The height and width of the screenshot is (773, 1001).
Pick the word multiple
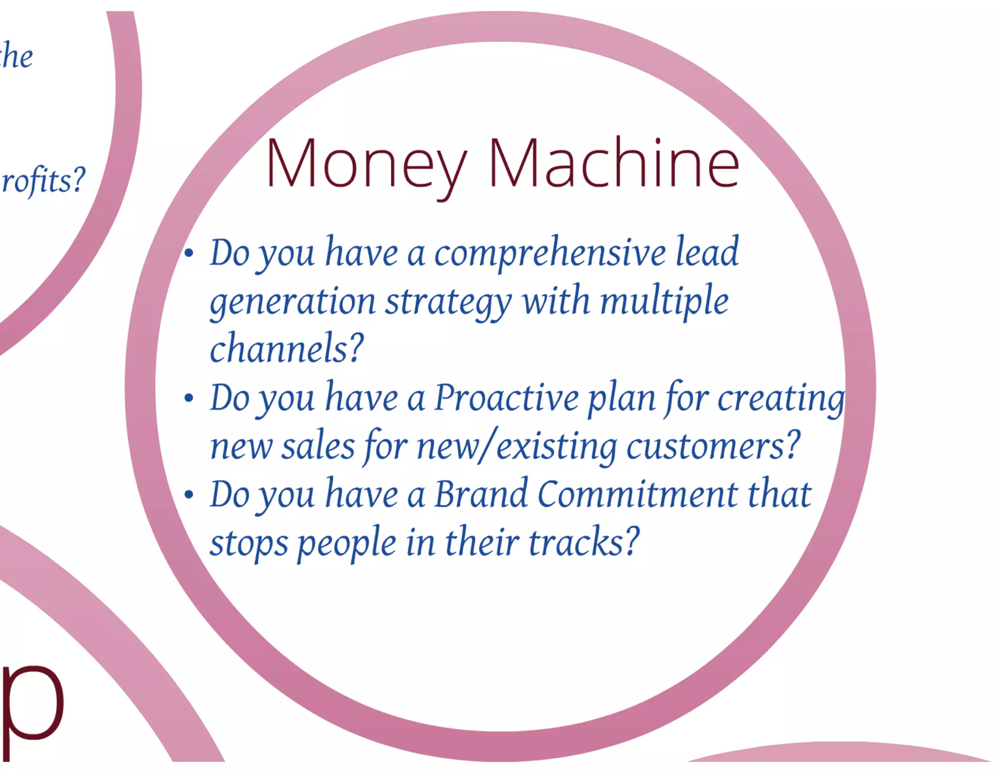(664, 302)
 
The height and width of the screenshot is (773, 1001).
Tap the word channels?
(287, 348)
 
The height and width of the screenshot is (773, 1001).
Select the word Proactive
(506, 398)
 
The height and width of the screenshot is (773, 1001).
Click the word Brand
(481, 494)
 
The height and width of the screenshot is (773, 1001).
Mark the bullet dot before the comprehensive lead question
(189, 253)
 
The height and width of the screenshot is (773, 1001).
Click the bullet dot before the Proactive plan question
(189, 398)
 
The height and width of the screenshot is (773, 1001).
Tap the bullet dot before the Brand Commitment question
(189, 494)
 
